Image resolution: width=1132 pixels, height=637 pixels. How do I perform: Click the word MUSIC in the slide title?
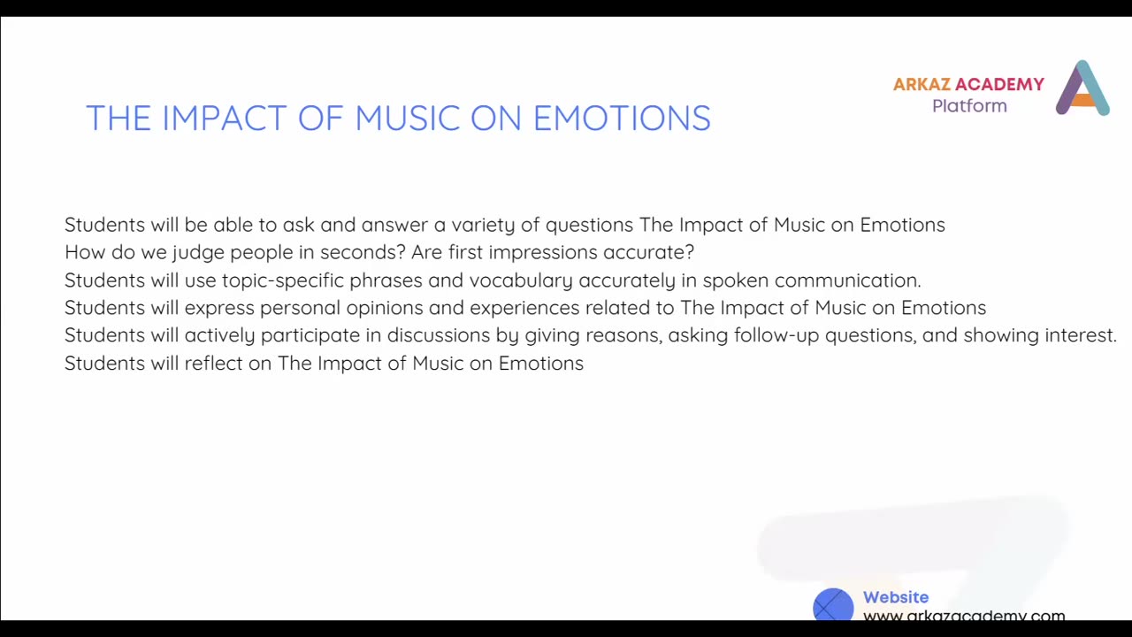click(x=407, y=119)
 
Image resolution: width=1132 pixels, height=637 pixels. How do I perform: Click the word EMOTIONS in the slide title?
click(x=622, y=119)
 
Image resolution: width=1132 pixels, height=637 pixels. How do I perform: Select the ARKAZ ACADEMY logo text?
click(x=968, y=85)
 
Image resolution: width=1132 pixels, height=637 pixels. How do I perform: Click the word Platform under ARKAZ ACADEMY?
click(x=969, y=106)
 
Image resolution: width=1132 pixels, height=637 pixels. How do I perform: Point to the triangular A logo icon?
click(x=1082, y=88)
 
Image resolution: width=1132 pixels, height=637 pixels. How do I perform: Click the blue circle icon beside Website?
click(x=833, y=606)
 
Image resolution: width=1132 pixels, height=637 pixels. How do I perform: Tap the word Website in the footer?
click(x=896, y=598)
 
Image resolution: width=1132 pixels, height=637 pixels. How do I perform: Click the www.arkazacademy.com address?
click(x=964, y=616)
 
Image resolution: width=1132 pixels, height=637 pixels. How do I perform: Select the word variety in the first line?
click(x=482, y=225)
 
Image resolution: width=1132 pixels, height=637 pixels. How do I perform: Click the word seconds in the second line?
click(x=363, y=252)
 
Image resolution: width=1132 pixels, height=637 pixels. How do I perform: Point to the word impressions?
click(x=543, y=252)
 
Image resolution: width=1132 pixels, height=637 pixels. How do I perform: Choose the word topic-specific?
click(x=283, y=280)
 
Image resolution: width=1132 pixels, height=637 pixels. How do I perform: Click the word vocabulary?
click(x=521, y=280)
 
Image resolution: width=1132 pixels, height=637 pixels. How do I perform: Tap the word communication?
click(x=847, y=280)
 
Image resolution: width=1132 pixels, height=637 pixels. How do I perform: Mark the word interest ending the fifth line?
click(x=1080, y=335)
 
